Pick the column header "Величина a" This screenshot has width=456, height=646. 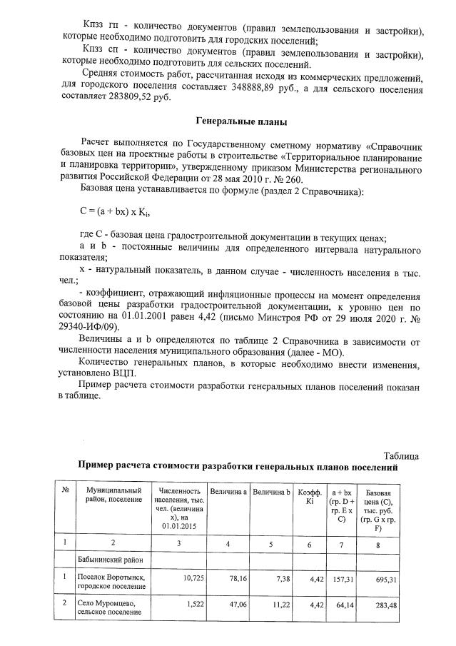tap(228, 493)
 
